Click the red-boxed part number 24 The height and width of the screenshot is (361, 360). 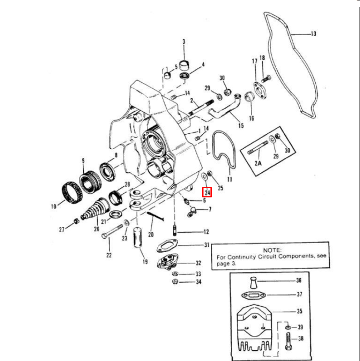pyautogui.click(x=208, y=193)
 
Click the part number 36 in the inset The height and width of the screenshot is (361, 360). pyautogui.click(x=298, y=281)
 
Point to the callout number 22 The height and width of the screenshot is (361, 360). pyautogui.click(x=109, y=255)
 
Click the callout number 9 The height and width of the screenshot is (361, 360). pyautogui.click(x=83, y=161)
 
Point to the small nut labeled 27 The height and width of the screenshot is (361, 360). pyautogui.click(x=76, y=221)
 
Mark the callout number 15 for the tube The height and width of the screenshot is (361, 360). pyautogui.click(x=240, y=126)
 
